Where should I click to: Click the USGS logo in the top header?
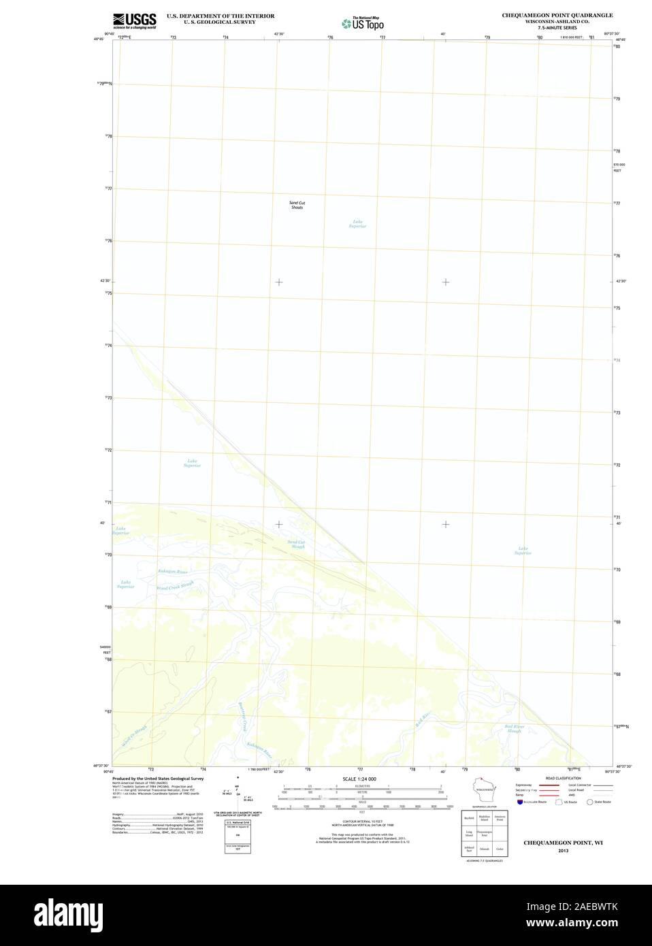click(135, 20)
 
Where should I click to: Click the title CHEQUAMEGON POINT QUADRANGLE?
click(557, 15)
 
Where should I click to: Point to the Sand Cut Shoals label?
click(297, 204)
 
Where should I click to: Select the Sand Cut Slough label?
click(297, 544)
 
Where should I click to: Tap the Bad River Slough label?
click(513, 728)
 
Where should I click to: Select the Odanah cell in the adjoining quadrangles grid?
click(484, 849)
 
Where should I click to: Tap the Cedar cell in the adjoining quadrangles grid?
click(500, 849)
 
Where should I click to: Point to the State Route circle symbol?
click(589, 802)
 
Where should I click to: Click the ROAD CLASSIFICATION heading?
click(563, 778)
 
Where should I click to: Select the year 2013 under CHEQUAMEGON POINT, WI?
click(563, 851)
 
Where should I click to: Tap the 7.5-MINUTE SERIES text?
click(557, 28)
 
